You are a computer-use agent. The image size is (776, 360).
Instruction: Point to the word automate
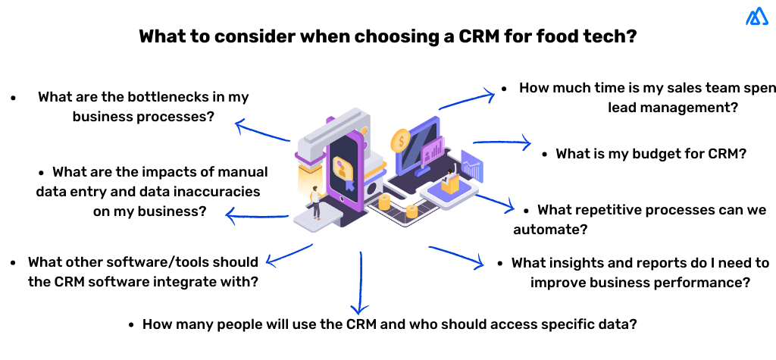[x=552, y=228]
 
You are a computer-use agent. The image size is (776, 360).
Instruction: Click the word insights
[x=601, y=263]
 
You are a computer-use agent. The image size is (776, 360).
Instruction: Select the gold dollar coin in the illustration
[x=399, y=140]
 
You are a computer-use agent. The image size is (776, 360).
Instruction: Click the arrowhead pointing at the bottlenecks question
[x=238, y=124]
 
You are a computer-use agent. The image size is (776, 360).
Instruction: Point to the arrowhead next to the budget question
[x=528, y=142]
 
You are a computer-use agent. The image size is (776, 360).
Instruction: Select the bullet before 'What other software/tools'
[x=14, y=262]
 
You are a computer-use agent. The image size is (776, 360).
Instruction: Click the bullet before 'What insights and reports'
[x=501, y=263]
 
